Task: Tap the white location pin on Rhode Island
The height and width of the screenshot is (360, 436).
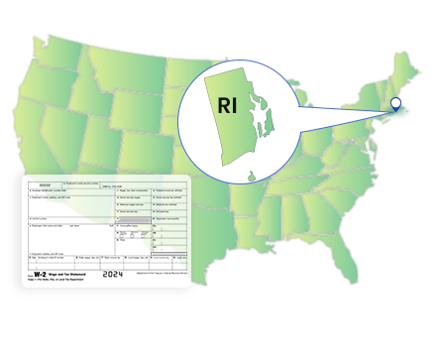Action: point(395,102)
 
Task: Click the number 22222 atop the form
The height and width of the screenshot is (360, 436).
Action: point(44,184)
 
